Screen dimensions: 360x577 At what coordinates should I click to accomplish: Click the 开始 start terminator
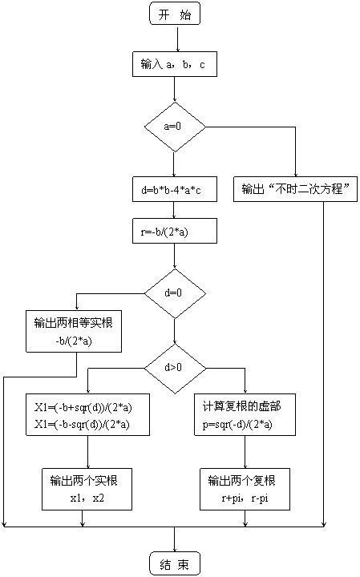(175, 14)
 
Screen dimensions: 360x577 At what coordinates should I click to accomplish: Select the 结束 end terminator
(175, 563)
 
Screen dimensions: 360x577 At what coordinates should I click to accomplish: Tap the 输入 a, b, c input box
(175, 64)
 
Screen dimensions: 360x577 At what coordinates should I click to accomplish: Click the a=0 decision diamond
(175, 127)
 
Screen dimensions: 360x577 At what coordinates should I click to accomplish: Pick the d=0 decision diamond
(175, 293)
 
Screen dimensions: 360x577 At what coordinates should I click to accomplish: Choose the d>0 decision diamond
(175, 369)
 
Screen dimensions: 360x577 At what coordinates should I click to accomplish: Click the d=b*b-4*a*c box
(175, 189)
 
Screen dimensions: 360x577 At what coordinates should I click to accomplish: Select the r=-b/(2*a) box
(175, 231)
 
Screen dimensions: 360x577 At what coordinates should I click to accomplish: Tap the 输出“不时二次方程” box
(295, 189)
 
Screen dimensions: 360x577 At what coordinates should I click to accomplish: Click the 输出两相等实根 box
(74, 331)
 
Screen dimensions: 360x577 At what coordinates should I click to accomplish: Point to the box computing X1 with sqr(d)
(87, 415)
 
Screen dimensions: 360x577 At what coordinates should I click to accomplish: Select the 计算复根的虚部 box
(245, 415)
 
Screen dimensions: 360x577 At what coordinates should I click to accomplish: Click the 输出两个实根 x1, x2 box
(87, 489)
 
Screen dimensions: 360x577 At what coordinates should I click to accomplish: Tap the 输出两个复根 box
(245, 489)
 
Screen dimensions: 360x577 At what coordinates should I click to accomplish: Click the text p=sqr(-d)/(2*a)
(237, 425)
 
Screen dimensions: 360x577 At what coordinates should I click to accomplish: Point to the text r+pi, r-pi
(245, 498)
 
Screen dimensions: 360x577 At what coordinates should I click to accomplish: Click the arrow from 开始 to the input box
(178, 38)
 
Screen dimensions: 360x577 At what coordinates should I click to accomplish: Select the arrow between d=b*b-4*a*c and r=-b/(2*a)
(174, 210)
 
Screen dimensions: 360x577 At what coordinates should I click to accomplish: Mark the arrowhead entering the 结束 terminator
(175, 550)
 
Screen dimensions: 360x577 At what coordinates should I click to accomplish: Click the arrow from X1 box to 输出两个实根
(87, 452)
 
